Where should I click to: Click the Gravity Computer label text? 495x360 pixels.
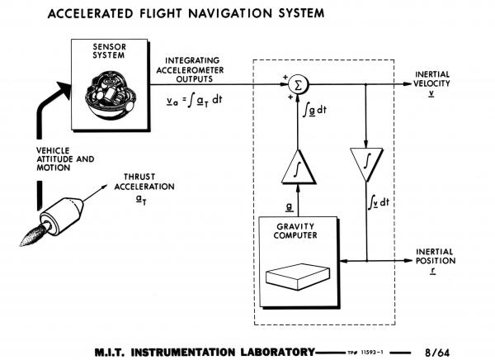297,230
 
